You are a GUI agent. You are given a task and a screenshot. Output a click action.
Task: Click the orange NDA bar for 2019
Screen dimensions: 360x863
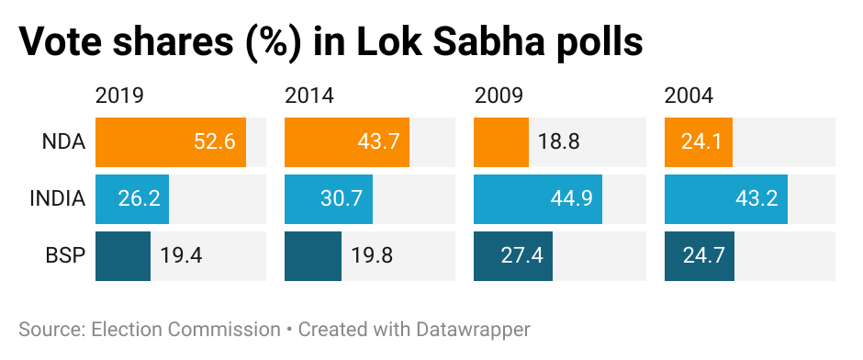pyautogui.click(x=171, y=142)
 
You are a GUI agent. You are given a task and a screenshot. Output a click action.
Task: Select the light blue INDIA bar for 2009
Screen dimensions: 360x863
pyautogui.click(x=538, y=199)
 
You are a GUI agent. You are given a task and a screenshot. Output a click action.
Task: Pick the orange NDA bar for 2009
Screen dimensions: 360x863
pyautogui.click(x=501, y=142)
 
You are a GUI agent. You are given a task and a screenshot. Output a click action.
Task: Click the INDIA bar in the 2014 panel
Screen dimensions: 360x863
pyautogui.click(x=329, y=199)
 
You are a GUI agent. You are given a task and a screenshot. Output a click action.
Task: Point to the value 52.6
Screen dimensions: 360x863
pyautogui.click(x=216, y=142)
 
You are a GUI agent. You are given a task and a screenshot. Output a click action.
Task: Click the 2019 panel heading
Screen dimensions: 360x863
pyautogui.click(x=120, y=96)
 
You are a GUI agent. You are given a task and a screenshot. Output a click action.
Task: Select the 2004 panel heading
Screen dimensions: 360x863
pyautogui.click(x=689, y=96)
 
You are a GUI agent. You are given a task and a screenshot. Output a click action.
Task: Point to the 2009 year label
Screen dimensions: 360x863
pyautogui.click(x=499, y=96)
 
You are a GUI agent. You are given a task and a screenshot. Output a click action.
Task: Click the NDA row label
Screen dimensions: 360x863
pyautogui.click(x=63, y=142)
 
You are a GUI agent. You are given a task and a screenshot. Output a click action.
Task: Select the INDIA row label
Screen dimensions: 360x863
pyautogui.click(x=57, y=199)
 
